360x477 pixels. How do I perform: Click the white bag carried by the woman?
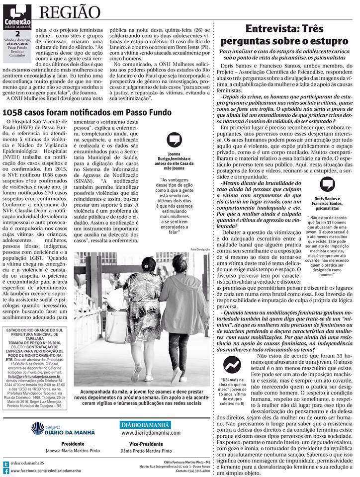pyautogui.click(x=115, y=325)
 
